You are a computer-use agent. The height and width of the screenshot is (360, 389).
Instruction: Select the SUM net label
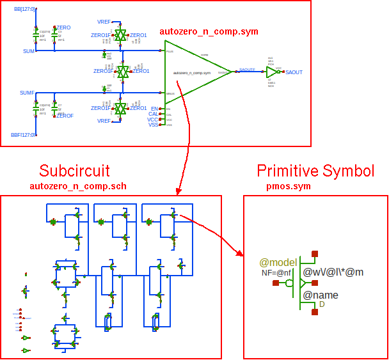coord(29,51)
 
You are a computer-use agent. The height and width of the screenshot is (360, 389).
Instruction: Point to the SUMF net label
coord(27,93)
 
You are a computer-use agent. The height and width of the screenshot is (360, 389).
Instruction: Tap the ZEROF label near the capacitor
coord(65,116)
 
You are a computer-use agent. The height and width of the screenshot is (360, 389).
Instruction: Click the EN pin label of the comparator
coord(154,109)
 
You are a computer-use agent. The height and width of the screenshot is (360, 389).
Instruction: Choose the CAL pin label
coord(153,114)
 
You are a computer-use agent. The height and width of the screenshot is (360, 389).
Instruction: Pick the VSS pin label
coord(153,125)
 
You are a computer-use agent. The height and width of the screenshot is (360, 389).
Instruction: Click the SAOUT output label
coord(294,73)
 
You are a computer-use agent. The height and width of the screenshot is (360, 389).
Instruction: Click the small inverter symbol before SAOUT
coord(271,73)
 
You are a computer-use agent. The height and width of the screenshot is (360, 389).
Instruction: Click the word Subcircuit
coord(74,171)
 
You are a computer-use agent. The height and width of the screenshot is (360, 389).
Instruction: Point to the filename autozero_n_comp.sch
coord(78,186)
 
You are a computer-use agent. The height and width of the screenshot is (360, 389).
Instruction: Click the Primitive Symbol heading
coord(315,171)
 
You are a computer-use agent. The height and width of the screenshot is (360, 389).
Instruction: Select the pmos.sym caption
coord(289,186)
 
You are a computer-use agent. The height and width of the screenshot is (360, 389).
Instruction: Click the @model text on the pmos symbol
coord(277,262)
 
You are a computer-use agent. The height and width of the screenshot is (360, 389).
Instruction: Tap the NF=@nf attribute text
coord(276,273)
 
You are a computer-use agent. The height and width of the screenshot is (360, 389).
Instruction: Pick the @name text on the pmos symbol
coord(321,295)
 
